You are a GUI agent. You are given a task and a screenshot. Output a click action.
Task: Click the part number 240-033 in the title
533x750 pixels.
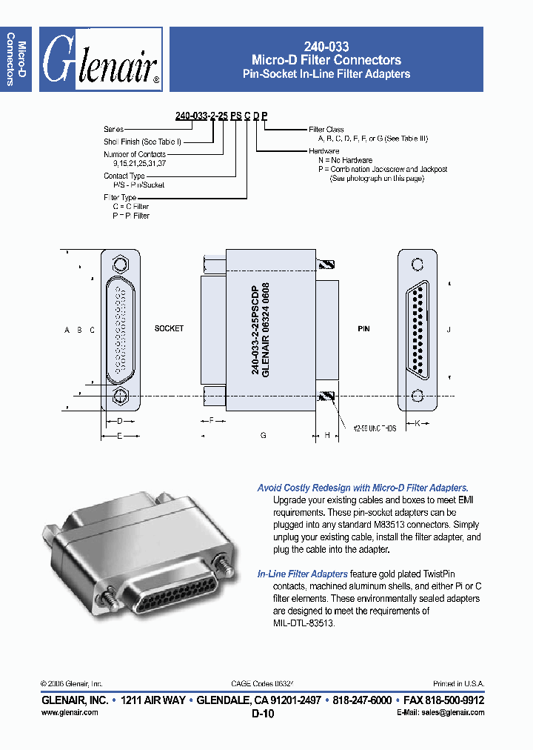[x=326, y=46]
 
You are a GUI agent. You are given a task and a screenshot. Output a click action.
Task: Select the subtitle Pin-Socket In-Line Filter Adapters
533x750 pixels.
[x=326, y=74]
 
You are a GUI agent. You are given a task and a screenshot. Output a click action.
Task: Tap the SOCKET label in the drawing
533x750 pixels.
[x=169, y=328]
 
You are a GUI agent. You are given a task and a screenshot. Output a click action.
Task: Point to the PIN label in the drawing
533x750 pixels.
[x=363, y=328]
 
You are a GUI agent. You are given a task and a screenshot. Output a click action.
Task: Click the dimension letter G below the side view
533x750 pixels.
[x=263, y=437]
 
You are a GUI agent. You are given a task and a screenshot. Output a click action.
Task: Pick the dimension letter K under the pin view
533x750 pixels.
[x=418, y=423]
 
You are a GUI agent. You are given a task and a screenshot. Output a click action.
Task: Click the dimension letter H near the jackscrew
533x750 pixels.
[x=326, y=437]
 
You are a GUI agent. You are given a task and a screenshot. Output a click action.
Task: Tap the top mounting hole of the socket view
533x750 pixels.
[x=120, y=265]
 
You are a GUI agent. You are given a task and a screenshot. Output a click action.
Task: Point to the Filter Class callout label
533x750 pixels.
[x=326, y=130]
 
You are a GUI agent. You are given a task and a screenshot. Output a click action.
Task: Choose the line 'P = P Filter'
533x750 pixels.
[x=131, y=216]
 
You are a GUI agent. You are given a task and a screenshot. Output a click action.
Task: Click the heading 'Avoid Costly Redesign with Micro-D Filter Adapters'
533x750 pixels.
[x=362, y=488]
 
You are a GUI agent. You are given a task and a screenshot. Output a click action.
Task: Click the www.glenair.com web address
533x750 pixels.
[x=69, y=712]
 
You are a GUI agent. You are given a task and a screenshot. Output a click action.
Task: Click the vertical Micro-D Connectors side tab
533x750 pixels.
[x=16, y=59]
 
